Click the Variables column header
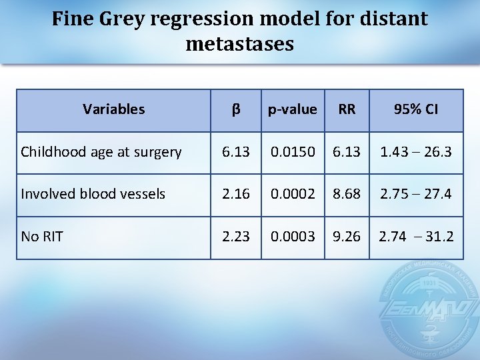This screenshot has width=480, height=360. (x=113, y=109)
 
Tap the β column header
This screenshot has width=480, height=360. (x=236, y=109)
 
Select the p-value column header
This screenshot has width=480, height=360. (x=292, y=109)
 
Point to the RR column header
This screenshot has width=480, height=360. (x=347, y=109)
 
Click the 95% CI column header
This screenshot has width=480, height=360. (x=416, y=109)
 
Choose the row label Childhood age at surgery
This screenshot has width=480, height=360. (x=101, y=152)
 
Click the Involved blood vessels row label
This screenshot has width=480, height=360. (x=93, y=194)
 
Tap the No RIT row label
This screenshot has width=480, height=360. (x=42, y=236)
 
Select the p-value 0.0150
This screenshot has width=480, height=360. (x=292, y=152)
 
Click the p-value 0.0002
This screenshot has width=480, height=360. (x=292, y=194)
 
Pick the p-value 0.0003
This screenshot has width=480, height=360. (x=292, y=236)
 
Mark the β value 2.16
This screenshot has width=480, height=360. (x=236, y=194)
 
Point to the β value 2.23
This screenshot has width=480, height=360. (x=236, y=236)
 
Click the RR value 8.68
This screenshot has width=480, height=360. (x=347, y=194)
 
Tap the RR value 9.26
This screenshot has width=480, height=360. (x=347, y=236)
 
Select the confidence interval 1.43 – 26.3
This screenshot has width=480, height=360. (x=416, y=152)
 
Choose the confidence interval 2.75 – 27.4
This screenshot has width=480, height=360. (x=416, y=194)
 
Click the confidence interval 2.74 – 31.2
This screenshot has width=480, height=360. (x=416, y=236)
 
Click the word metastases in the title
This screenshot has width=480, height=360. (x=240, y=44)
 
